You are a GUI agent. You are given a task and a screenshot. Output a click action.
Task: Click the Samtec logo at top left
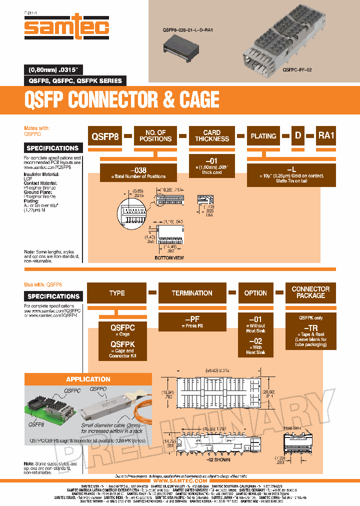point(66,26)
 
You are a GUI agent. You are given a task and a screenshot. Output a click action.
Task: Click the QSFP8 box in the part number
point(105,136)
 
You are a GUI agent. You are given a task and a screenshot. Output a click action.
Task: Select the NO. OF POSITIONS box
point(155,136)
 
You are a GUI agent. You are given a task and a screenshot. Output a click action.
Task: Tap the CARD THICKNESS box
point(212,136)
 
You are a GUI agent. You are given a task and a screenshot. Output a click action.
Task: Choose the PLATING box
point(263,136)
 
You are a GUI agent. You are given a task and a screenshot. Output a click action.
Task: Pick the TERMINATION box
point(192,293)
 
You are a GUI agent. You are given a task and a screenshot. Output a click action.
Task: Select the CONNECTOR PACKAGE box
point(310,292)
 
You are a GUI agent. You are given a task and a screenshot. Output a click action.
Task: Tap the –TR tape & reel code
point(310,327)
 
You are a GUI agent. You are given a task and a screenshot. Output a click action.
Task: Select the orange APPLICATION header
point(88,379)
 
